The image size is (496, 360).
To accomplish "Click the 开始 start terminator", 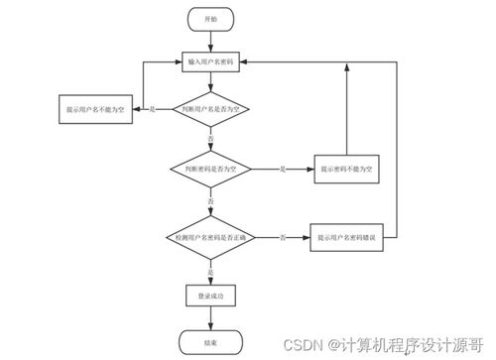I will point(209,19).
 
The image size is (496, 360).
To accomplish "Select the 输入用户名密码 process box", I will point(209,61).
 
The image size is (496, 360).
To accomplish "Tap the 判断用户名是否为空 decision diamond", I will point(209,108).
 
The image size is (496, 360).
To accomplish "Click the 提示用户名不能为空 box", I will point(95,108).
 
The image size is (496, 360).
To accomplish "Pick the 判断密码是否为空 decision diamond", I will point(209,171).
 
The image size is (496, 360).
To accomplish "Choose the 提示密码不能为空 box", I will point(346,171).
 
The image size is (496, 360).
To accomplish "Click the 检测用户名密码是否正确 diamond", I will point(209,238).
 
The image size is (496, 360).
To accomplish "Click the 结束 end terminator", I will point(209,342).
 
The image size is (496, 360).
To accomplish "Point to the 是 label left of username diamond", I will point(152,107).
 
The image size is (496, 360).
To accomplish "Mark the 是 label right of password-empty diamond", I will point(284,170).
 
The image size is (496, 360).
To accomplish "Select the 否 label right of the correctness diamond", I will point(283,237).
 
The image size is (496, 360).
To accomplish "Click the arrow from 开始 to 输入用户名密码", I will point(209,40).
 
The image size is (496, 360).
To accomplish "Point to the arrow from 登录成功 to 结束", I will point(209,318).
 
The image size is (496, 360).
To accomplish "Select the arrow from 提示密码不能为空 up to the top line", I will point(346,109).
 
